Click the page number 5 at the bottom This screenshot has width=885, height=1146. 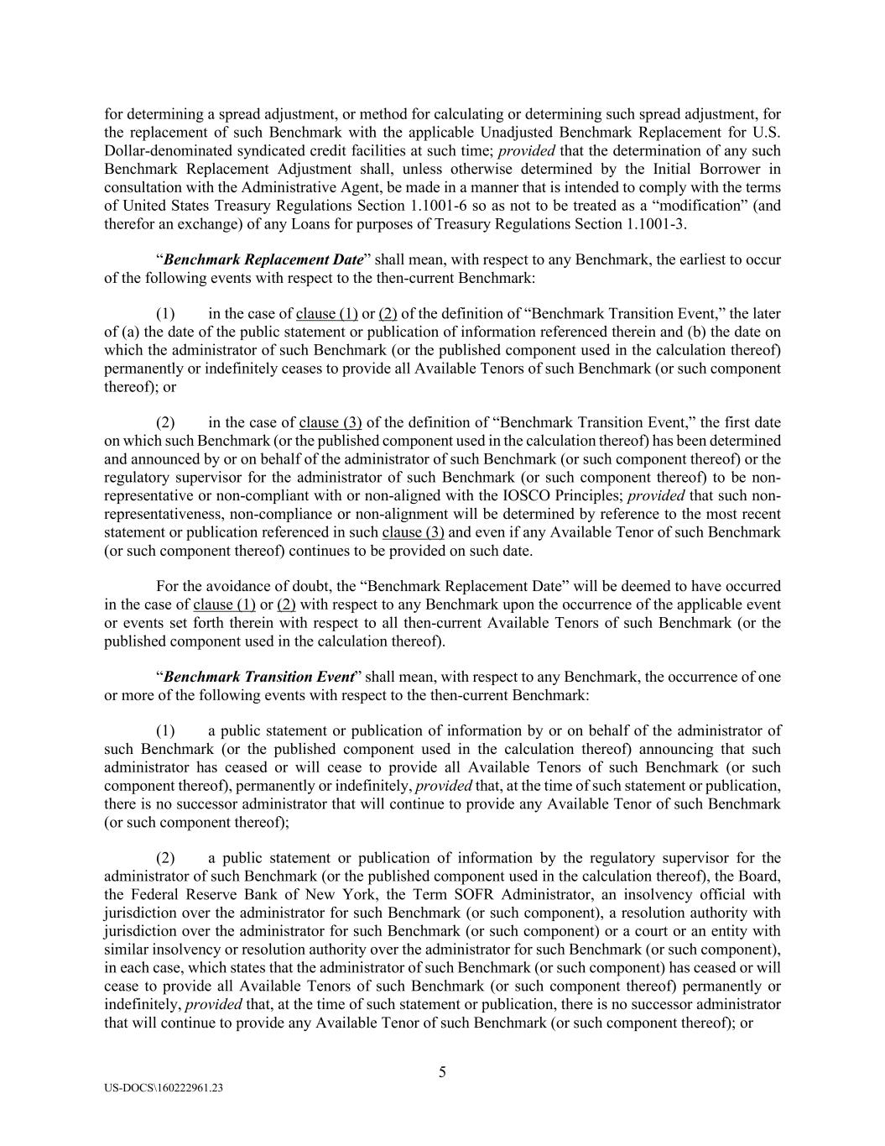click(442, 1072)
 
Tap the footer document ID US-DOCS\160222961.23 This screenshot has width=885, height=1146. click(164, 1088)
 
